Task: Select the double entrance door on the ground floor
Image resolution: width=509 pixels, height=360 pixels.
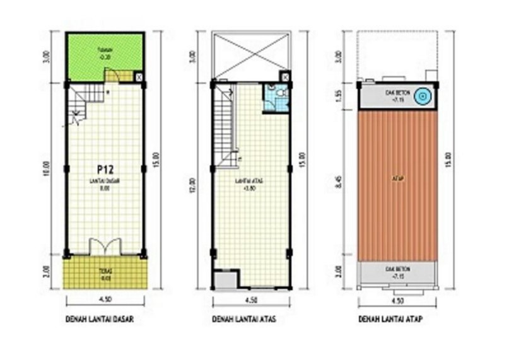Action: point(105,247)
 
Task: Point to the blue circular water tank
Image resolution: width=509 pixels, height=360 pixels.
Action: point(424,96)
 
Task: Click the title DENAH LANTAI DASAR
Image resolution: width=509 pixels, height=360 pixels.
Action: point(100,320)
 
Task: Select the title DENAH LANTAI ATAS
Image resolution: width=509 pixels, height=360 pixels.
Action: point(245,320)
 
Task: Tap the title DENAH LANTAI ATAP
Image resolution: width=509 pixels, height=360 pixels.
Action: point(390,320)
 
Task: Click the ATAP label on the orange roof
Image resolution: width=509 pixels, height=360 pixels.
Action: point(398,178)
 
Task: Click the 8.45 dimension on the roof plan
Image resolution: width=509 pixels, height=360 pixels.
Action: point(340,183)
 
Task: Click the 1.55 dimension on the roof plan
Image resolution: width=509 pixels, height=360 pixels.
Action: point(340,95)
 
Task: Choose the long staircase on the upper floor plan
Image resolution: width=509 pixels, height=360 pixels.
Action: point(223,124)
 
